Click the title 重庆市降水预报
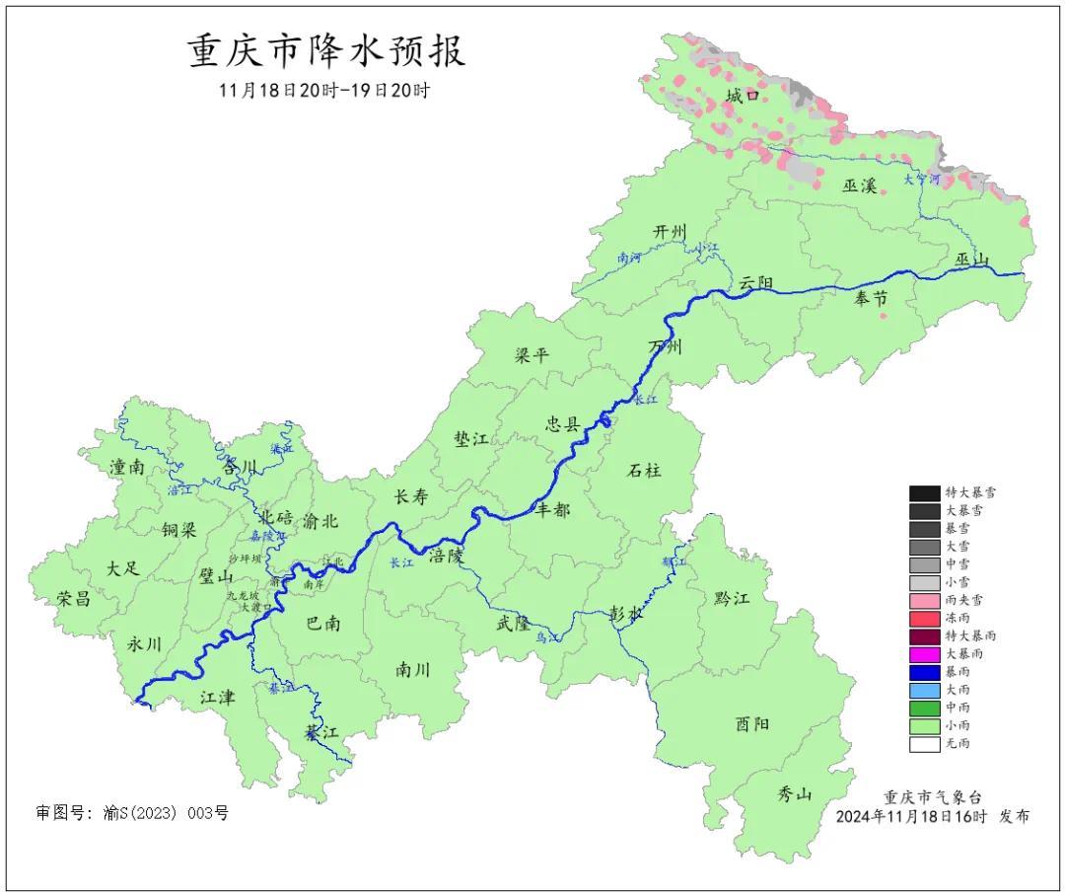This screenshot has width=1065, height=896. pos(326,50)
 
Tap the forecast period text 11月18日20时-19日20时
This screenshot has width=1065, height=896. pos(325,90)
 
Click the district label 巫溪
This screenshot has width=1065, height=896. pos(859,185)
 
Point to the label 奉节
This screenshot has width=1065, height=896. pos(870,299)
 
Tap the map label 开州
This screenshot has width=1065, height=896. pos(670,231)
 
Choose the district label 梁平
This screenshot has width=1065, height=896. pos(532,355)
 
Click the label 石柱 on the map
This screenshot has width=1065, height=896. pos(645,470)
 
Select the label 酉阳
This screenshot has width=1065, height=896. pos(752,724)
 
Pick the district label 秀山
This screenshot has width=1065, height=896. pos(795,793)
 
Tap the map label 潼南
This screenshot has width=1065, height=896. pos(128,468)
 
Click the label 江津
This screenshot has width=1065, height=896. pos(218,697)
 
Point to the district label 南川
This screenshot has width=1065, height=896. pos(413,669)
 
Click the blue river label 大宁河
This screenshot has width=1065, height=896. pos(923,180)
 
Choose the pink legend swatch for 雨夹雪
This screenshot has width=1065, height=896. pos(924,600)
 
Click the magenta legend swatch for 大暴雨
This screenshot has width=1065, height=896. pos(924,654)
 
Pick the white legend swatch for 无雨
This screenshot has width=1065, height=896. pos(924,744)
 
